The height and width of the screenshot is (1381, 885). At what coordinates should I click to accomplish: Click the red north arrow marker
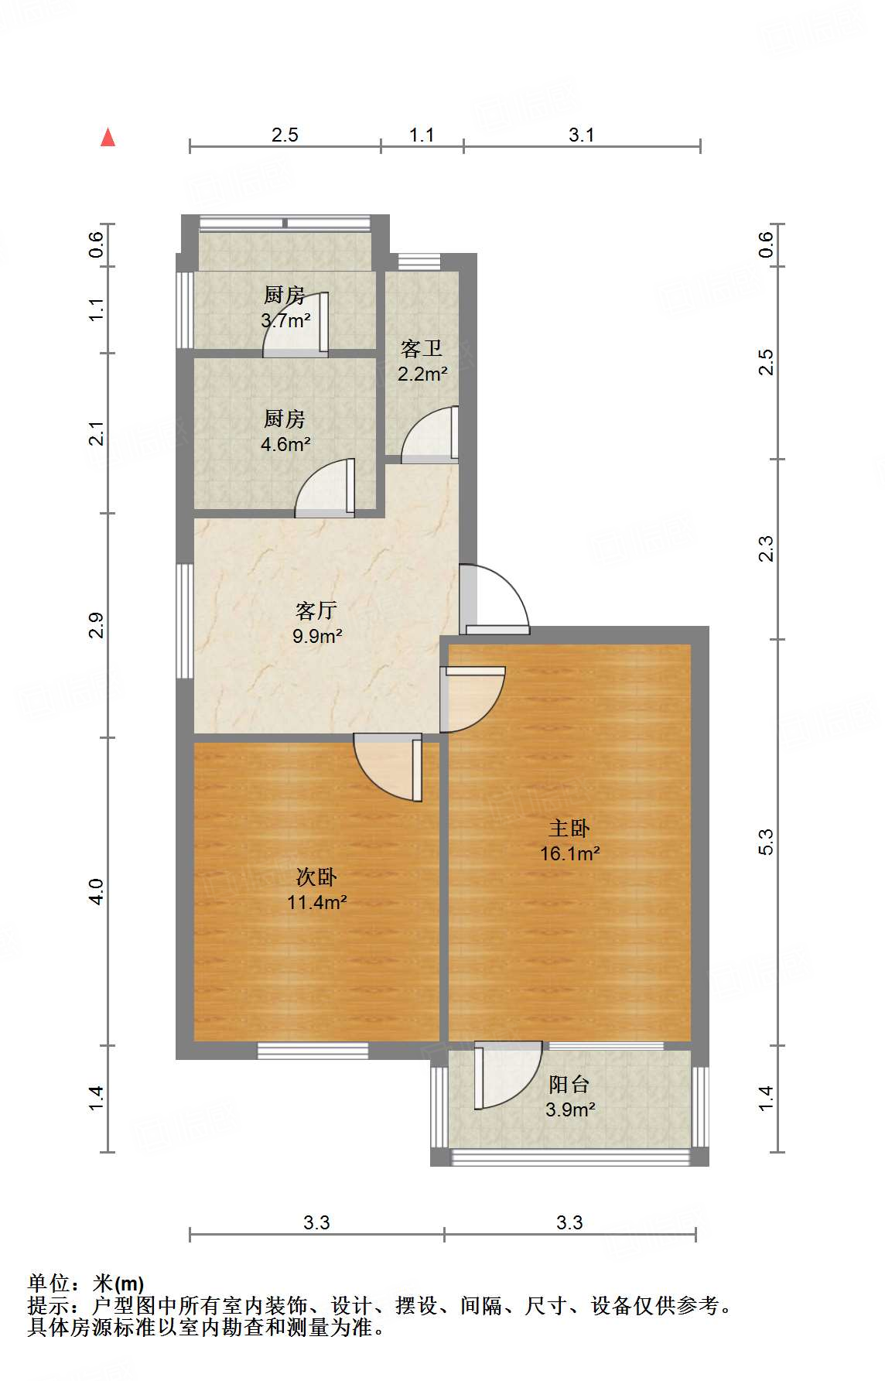(x=108, y=138)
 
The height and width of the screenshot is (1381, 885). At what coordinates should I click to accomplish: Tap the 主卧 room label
(x=569, y=828)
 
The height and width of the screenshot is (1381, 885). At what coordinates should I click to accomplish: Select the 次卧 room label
(x=316, y=877)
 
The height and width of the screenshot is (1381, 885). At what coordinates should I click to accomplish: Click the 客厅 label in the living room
(x=316, y=610)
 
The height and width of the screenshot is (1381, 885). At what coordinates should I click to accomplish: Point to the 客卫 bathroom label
(x=422, y=349)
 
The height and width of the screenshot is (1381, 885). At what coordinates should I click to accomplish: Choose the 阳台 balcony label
(x=569, y=1085)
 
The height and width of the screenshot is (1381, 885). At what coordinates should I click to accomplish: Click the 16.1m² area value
(x=569, y=853)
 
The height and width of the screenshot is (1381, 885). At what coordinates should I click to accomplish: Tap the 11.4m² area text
(x=316, y=902)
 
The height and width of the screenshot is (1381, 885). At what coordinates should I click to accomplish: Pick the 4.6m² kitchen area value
(x=285, y=444)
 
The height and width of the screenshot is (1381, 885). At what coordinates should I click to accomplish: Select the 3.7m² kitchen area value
(x=285, y=320)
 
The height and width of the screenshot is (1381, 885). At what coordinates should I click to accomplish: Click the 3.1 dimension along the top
(x=582, y=135)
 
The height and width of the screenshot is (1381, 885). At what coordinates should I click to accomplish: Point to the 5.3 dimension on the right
(x=765, y=842)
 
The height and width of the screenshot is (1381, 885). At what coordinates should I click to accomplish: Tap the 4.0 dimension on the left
(x=96, y=891)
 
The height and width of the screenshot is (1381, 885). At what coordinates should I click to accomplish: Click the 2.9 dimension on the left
(x=96, y=625)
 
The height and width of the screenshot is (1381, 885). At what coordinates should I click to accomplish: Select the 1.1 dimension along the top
(x=422, y=135)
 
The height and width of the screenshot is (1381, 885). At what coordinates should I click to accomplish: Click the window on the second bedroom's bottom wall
(x=313, y=1051)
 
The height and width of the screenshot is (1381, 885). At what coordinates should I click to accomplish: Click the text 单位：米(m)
(x=86, y=1283)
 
